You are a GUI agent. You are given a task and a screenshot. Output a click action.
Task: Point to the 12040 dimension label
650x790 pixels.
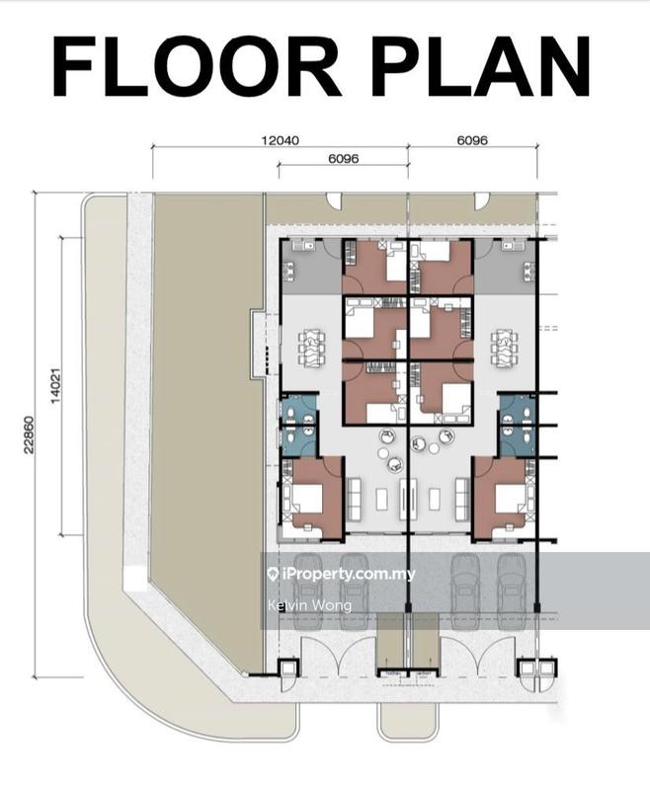[280, 140]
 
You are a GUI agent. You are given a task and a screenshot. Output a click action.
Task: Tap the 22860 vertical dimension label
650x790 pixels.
[29, 434]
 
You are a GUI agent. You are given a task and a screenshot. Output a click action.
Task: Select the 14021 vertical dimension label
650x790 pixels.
[55, 385]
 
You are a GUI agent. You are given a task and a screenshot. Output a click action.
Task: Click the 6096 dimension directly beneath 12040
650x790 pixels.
[344, 158]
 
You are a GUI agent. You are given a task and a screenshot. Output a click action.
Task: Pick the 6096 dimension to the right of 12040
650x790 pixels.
[472, 140]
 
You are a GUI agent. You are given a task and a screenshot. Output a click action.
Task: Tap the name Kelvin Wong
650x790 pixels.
[309, 604]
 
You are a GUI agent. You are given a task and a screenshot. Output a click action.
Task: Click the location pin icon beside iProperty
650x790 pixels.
[274, 574]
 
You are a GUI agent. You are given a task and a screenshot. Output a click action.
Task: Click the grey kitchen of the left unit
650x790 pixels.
[311, 267]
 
